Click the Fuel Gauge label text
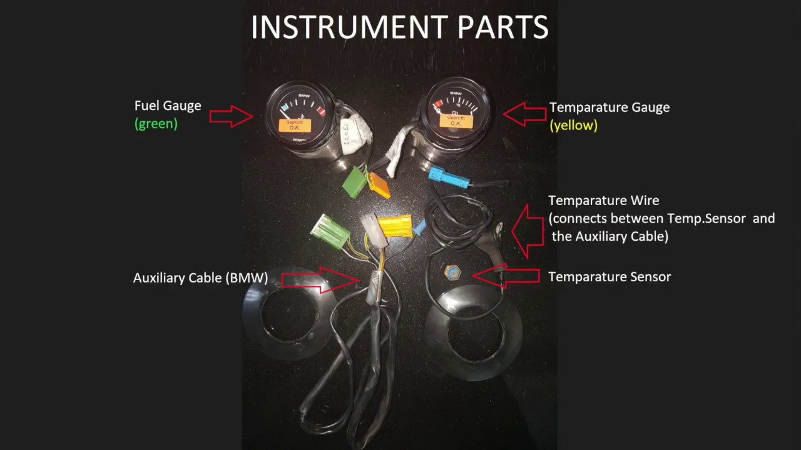click(x=168, y=106)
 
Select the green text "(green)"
click(x=156, y=124)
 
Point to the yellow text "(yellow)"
click(x=573, y=126)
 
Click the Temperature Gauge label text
click(x=609, y=107)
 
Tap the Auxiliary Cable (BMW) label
click(x=200, y=278)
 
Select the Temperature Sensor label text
click(x=609, y=277)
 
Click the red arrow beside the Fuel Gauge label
click(x=231, y=116)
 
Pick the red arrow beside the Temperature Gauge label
click(x=524, y=114)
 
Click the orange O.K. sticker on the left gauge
click(x=295, y=125)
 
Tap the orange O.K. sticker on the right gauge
click(x=455, y=121)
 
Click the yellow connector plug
click(x=395, y=226)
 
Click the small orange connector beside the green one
click(x=379, y=184)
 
